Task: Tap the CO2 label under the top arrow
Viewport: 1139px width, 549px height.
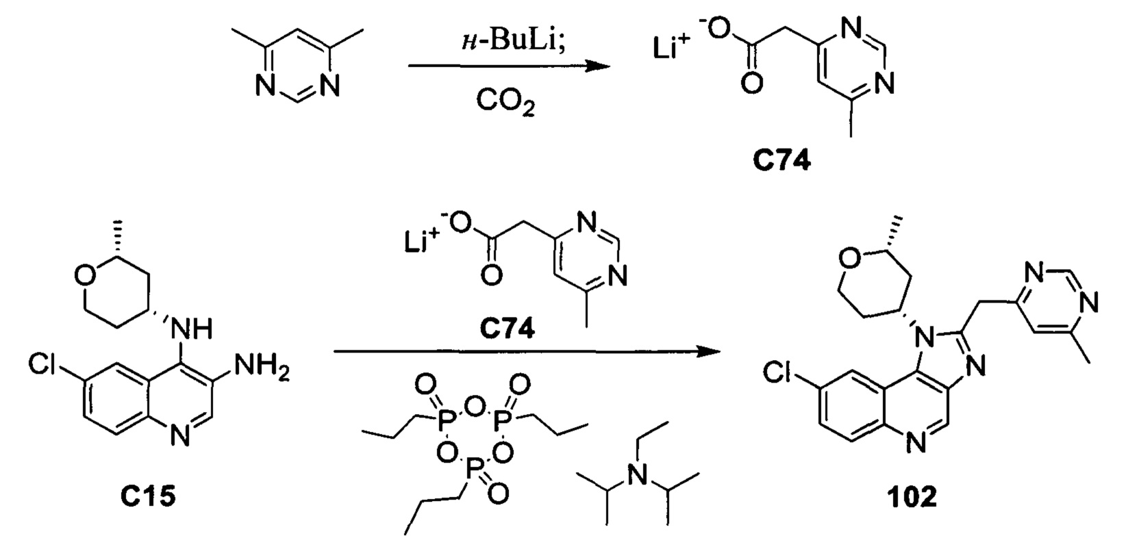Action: pyautogui.click(x=505, y=101)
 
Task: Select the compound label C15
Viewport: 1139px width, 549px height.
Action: pyautogui.click(x=148, y=496)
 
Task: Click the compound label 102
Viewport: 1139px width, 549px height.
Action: pyautogui.click(x=912, y=497)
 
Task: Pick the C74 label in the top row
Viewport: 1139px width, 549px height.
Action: pyautogui.click(x=782, y=161)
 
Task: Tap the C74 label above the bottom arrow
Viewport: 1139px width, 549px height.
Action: pyautogui.click(x=507, y=329)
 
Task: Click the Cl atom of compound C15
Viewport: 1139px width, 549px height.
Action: pyautogui.click(x=41, y=364)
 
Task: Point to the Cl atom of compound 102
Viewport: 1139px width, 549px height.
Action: pyautogui.click(x=777, y=374)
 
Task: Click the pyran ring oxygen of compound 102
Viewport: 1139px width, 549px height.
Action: pyautogui.click(x=847, y=260)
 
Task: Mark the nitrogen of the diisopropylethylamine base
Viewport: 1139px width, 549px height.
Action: pyautogui.click(x=635, y=474)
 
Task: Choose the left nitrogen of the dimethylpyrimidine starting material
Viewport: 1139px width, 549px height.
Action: pyautogui.click(x=264, y=88)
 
